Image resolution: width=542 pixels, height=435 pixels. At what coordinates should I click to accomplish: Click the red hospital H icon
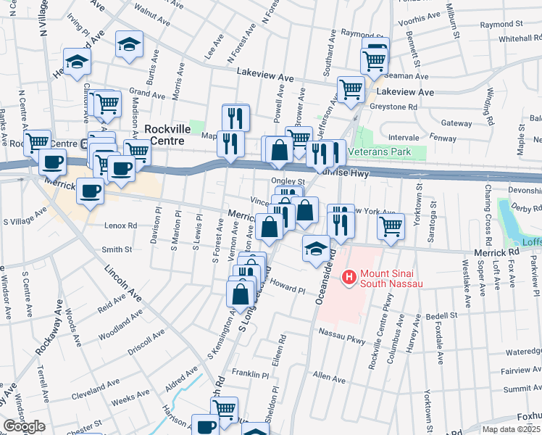(x=349, y=276)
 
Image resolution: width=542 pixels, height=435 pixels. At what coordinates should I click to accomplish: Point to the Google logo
(x=23, y=426)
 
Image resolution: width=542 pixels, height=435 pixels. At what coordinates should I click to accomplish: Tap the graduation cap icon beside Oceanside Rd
(x=315, y=248)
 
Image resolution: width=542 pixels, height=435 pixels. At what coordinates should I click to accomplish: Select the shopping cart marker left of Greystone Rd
(x=351, y=89)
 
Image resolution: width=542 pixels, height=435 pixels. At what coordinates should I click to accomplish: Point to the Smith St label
(x=117, y=249)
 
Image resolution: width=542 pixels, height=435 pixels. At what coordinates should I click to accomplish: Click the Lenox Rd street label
(x=120, y=225)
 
